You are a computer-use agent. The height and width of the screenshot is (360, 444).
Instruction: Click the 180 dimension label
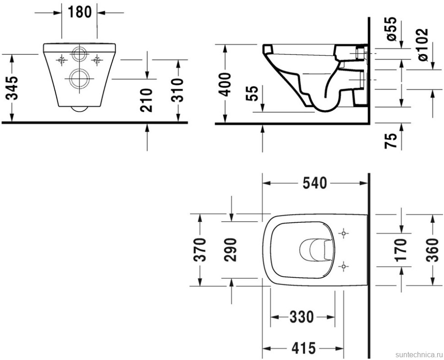click(x=80, y=12)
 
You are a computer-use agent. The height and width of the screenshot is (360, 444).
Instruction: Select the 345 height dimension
click(x=12, y=88)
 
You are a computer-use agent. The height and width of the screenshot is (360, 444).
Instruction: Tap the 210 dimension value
click(x=146, y=100)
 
